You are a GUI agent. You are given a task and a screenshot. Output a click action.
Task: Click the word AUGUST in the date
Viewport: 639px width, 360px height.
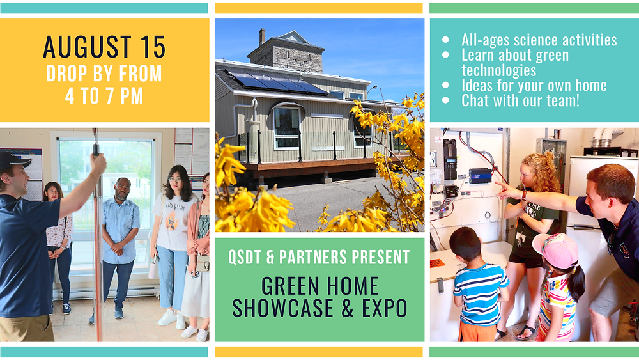tap(87, 47)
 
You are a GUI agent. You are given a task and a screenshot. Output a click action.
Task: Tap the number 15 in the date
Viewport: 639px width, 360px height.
tap(153, 47)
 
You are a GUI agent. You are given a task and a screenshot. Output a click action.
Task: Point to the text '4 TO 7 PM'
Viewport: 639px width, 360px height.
tap(104, 96)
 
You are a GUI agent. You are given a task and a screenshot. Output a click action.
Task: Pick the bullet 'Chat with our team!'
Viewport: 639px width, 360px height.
tap(520, 100)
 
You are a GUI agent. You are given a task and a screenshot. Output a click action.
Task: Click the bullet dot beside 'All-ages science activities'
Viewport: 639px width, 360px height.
tap(445, 40)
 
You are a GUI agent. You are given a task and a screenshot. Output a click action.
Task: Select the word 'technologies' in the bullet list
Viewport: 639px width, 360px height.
tap(498, 70)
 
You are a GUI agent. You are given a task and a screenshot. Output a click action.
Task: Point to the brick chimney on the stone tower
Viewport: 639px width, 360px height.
tap(262, 36)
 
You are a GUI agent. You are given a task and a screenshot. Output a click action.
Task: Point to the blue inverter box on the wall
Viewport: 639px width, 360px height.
tap(480, 176)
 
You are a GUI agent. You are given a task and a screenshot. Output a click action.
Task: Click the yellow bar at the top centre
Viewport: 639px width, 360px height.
tap(319, 8)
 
